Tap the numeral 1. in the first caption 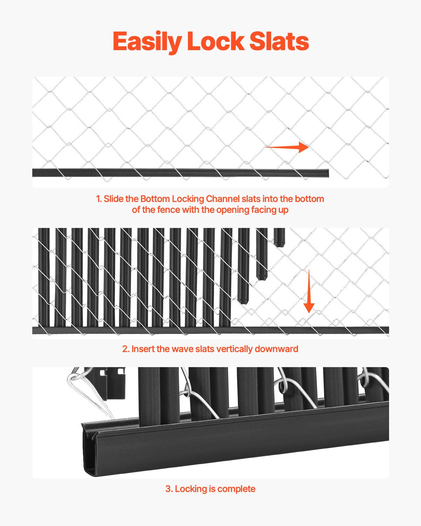click(x=99, y=199)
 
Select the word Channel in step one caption click(x=223, y=199)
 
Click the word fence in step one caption click(x=167, y=210)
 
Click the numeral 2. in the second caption click(x=126, y=349)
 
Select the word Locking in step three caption click(x=190, y=488)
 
